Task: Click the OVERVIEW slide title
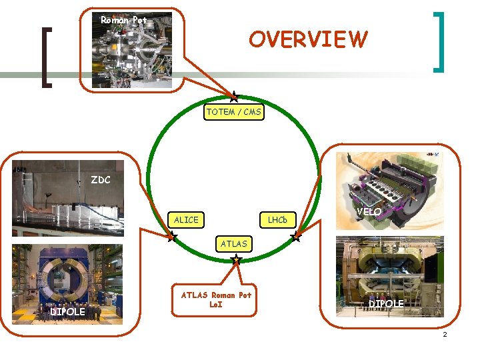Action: [308, 39]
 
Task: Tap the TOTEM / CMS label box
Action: [233, 112]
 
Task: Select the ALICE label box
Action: [186, 219]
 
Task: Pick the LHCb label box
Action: [277, 219]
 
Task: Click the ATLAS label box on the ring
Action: [233, 244]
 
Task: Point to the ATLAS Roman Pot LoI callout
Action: [216, 299]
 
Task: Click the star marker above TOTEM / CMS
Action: [234, 97]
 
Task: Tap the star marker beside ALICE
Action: [171, 235]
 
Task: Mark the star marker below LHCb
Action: [297, 236]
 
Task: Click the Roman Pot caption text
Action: [123, 20]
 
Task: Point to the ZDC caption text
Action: [101, 180]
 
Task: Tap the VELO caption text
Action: [369, 212]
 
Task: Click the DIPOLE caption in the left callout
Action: [67, 312]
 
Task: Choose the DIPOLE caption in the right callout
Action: [387, 304]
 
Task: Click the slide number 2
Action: [444, 333]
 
